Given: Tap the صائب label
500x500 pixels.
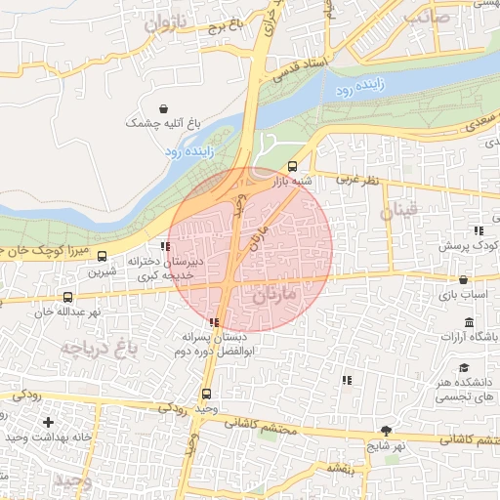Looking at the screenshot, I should [430, 15].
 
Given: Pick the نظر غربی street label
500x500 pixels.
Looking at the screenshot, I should [356, 180].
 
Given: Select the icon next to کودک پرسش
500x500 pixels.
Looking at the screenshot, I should [478, 231].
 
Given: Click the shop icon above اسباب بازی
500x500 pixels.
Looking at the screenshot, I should [462, 279].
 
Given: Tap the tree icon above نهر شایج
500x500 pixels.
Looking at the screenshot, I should [387, 430].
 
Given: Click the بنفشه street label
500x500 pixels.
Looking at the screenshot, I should [348, 470].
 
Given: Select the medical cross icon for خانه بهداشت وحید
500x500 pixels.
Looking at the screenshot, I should [48, 422].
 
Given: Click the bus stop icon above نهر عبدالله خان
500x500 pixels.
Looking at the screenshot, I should [67, 298].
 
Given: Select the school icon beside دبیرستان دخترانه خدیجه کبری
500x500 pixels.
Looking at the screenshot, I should [164, 248].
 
